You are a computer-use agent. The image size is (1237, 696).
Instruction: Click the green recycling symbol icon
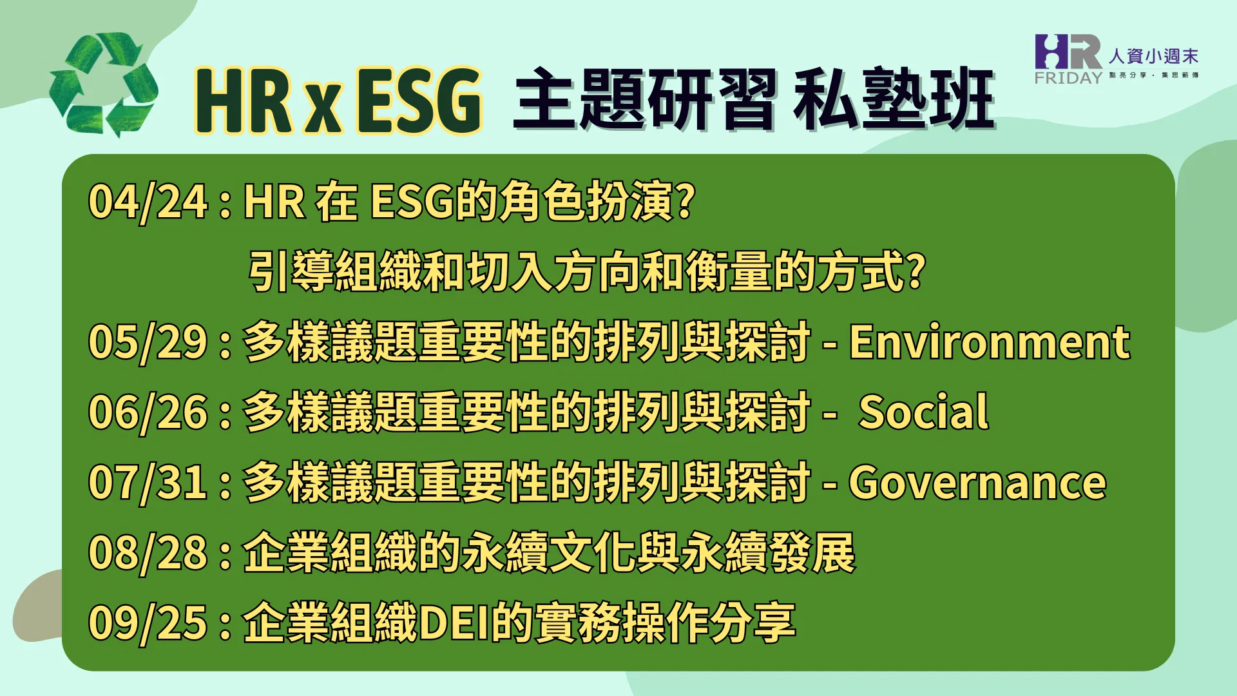coord(103,85)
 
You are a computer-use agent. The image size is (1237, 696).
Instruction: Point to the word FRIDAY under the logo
coord(1068,77)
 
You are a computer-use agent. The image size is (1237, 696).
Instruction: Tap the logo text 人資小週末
coord(1153,56)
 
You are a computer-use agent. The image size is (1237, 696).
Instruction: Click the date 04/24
coord(148,202)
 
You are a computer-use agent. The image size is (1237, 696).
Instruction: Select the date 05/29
coord(148,342)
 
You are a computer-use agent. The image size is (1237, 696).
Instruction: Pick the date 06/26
coord(148,412)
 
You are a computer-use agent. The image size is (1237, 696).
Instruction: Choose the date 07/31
coord(148,483)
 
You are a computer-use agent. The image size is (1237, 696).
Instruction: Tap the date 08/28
coord(148,553)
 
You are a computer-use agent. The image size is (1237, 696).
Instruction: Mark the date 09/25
coord(148,623)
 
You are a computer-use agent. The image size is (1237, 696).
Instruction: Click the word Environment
coord(990,342)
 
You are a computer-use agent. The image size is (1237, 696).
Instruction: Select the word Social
coord(923,412)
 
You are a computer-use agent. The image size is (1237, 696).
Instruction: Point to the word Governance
coord(977,482)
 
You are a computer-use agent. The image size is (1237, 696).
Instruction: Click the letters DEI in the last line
coord(454,623)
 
